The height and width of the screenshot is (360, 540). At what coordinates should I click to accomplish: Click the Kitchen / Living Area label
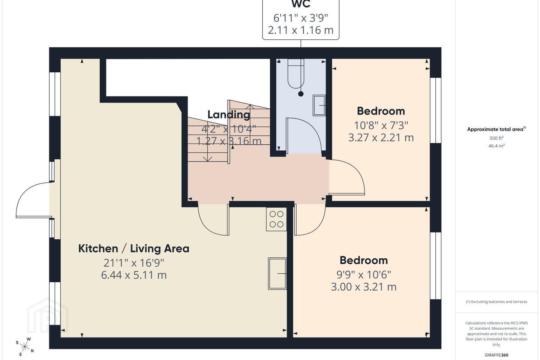(x=134, y=249)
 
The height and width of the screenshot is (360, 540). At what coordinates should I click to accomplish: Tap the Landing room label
(x=228, y=114)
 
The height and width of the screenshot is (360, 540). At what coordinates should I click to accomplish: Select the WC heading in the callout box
(x=301, y=4)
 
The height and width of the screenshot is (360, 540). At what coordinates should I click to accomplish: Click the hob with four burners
(x=276, y=219)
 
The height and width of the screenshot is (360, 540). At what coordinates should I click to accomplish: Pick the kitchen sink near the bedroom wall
(x=277, y=273)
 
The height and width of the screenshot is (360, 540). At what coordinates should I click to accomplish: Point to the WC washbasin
(x=319, y=105)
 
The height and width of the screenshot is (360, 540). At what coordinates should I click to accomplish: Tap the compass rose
(x=25, y=347)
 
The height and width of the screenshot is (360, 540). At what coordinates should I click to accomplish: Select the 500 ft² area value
(x=496, y=138)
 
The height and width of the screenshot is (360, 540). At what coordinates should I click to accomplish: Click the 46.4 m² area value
(x=496, y=145)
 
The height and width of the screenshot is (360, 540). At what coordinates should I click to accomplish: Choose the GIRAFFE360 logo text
(x=496, y=355)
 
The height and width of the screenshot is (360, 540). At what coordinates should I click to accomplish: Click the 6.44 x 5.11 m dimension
(x=134, y=275)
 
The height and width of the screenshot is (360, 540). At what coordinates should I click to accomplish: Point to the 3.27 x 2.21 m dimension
(x=381, y=138)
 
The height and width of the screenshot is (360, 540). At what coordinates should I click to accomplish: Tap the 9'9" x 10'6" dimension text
(x=363, y=274)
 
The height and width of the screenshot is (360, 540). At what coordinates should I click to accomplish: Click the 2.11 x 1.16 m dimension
(x=301, y=30)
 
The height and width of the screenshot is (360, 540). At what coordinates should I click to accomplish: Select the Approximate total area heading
(x=496, y=129)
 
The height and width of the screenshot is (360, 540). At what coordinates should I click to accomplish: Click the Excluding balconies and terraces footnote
(x=496, y=301)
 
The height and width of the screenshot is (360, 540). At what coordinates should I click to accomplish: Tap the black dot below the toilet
(x=301, y=94)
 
